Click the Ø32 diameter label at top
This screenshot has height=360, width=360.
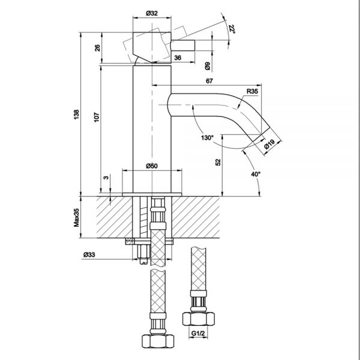click(152, 13)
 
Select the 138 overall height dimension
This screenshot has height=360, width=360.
click(76, 115)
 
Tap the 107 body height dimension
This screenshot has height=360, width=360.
click(97, 117)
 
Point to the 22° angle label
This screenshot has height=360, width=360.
click(232, 29)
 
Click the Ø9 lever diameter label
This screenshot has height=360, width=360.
click(208, 66)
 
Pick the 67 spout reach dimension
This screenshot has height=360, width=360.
click(209, 81)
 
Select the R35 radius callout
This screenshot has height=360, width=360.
click(253, 91)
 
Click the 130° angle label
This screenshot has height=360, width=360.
click(207, 138)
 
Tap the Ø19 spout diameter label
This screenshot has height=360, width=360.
click(269, 144)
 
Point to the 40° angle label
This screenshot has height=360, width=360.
click(256, 174)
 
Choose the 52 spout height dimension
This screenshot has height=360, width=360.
click(218, 162)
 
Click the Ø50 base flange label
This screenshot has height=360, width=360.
click(152, 166)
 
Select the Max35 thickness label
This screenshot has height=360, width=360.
click(76, 217)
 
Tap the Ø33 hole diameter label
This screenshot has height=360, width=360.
click(89, 254)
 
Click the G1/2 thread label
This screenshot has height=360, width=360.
click(198, 333)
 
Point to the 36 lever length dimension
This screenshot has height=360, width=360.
click(178, 58)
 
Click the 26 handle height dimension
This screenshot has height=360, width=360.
click(98, 48)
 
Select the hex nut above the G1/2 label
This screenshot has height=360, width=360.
click(199, 319)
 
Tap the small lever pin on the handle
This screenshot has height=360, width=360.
click(183, 45)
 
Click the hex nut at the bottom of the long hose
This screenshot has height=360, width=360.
click(158, 341)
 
